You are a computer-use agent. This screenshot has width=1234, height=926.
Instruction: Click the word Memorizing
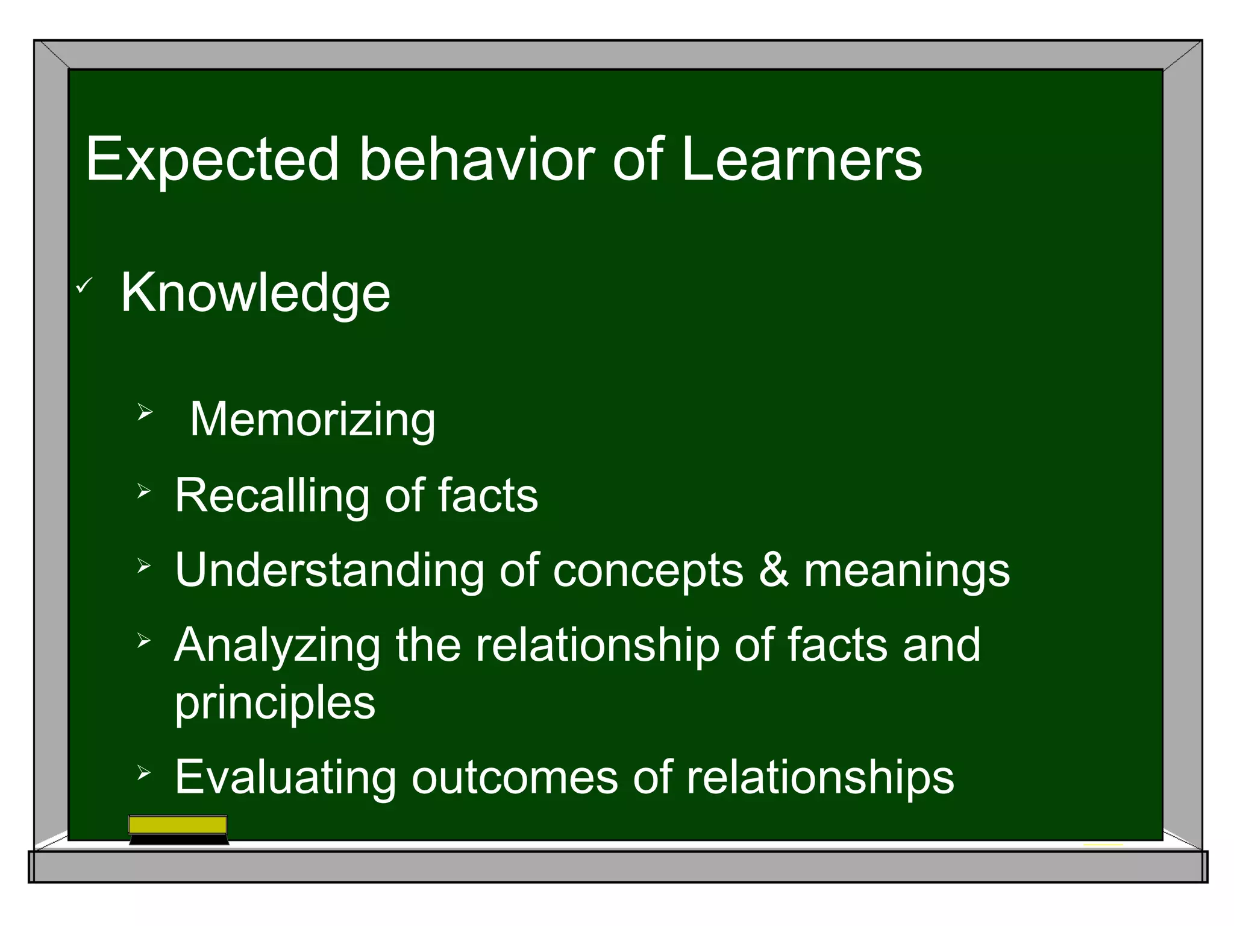point(312,420)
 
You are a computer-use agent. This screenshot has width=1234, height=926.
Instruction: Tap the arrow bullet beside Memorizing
point(145,413)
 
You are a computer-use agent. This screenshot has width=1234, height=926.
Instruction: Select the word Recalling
point(271,496)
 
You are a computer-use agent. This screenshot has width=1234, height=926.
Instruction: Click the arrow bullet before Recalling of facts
point(143,491)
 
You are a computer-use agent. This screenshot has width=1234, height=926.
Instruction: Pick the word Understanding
point(329,571)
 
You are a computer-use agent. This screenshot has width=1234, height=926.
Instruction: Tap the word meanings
point(907,572)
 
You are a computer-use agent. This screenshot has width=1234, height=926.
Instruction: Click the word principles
point(275,703)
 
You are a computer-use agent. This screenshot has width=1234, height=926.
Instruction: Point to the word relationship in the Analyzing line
point(597,645)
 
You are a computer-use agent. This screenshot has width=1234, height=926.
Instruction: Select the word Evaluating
point(285,777)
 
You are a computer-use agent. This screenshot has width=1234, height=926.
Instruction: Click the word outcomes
point(515,777)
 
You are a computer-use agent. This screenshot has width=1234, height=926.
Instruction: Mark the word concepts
point(648,572)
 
